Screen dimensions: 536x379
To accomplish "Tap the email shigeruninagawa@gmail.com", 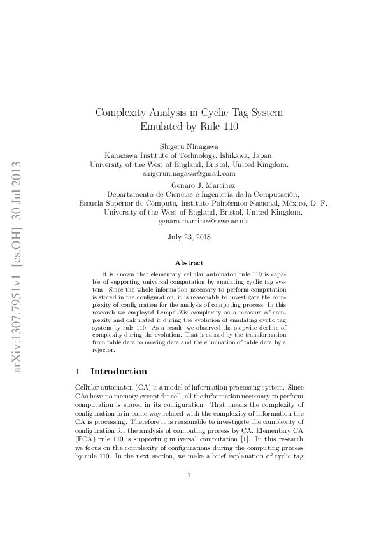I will pyautogui.click(x=189, y=173).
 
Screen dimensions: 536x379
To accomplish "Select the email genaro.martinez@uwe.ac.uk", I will pyautogui.click(x=189, y=221).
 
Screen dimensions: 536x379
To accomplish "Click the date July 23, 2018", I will pyautogui.click(x=189, y=237).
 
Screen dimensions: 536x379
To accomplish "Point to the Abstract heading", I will pyautogui.click(x=189, y=262).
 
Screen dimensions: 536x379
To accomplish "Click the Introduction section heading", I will pyautogui.click(x=119, y=371).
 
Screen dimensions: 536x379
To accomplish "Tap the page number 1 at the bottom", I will pyautogui.click(x=189, y=493).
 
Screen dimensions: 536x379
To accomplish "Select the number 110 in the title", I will pyautogui.click(x=227, y=126).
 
